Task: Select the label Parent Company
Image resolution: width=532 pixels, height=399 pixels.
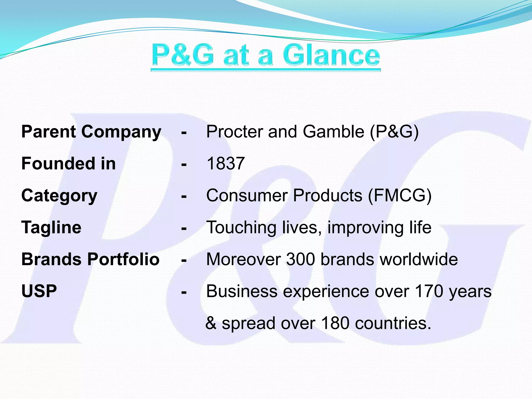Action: pyautogui.click(x=91, y=132)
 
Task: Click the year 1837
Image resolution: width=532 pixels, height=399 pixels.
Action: pyautogui.click(x=225, y=164)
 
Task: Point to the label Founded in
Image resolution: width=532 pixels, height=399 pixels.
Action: pyautogui.click(x=69, y=164)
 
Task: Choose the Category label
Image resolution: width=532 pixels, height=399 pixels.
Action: pyautogui.click(x=59, y=196)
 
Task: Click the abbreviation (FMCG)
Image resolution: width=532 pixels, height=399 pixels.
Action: pyautogui.click(x=400, y=196)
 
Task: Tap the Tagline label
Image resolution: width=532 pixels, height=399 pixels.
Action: pyautogui.click(x=51, y=228)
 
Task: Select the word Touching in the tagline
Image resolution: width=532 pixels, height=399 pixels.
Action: pyautogui.click(x=241, y=228)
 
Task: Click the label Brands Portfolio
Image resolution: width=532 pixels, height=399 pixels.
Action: pyautogui.click(x=90, y=259)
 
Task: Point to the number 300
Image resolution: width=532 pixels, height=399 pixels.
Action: pyautogui.click(x=301, y=259)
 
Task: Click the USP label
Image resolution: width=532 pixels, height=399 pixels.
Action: pyautogui.click(x=39, y=291)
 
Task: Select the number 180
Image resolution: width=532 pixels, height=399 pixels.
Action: pyautogui.click(x=335, y=323)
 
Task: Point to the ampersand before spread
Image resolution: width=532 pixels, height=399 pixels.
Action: pyautogui.click(x=211, y=323)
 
